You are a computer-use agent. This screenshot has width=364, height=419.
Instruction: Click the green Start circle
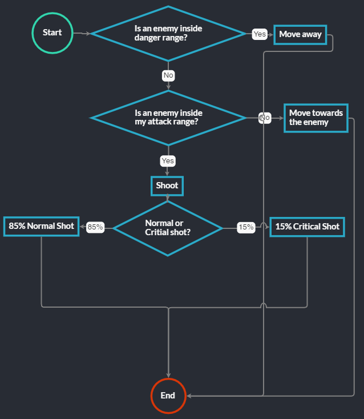(x=52, y=33)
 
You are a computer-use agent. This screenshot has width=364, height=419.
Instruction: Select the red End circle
(x=168, y=396)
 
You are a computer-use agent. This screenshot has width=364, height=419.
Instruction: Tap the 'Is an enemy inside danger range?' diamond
(x=168, y=33)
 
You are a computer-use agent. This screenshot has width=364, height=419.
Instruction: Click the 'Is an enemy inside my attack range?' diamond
(x=168, y=118)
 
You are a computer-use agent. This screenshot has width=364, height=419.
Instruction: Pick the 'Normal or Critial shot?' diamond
(x=168, y=227)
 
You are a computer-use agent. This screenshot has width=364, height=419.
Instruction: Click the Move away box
(x=300, y=34)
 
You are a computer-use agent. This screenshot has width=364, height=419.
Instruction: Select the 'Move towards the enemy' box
(x=316, y=118)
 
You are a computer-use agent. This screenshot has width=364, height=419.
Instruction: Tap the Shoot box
(x=167, y=186)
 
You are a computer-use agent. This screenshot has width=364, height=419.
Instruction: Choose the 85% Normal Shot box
(x=41, y=226)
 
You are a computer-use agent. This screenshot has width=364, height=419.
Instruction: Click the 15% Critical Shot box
(x=307, y=227)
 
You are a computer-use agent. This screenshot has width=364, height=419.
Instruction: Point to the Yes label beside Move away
(x=260, y=34)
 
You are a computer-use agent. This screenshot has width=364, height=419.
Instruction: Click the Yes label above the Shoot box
(x=167, y=161)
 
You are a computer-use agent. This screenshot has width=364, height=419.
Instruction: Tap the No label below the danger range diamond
(x=168, y=75)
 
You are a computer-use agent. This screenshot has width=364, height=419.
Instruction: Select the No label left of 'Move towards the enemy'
(x=265, y=118)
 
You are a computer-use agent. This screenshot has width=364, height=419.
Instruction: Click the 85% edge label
(x=95, y=227)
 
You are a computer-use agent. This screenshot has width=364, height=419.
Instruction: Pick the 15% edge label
(x=246, y=227)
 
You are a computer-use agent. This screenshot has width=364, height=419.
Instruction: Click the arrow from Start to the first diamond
(x=82, y=33)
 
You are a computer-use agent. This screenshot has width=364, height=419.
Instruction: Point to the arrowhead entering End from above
(x=168, y=374)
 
